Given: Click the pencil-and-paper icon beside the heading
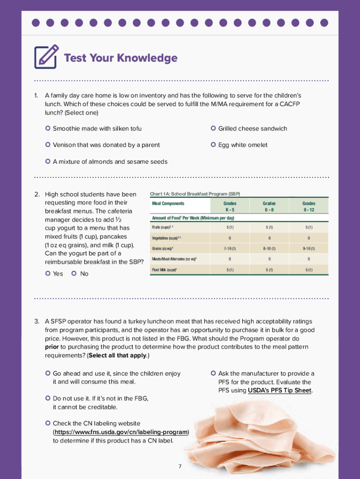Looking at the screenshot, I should (x=46, y=57).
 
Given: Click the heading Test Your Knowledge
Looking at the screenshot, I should (x=120, y=58).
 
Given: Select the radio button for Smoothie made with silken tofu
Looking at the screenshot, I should (x=48, y=128).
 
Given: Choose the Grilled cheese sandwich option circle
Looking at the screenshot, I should (x=213, y=128).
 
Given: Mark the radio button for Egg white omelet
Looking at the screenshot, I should (x=213, y=145).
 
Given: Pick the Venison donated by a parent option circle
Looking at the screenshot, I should (x=48, y=145).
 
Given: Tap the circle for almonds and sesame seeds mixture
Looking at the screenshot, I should (x=48, y=161).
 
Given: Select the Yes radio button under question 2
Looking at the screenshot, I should (x=48, y=273).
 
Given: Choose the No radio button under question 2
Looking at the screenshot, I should (x=74, y=273).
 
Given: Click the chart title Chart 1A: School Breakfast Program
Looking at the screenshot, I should (x=194, y=194).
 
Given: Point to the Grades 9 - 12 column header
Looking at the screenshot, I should (x=309, y=206).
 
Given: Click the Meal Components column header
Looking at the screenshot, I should (x=168, y=203).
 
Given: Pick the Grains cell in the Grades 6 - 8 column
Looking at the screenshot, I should (x=269, y=248).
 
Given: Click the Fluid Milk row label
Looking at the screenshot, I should (x=164, y=270).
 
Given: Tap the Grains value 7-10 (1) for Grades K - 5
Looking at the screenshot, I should (x=230, y=248).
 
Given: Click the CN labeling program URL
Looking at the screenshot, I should (x=121, y=432).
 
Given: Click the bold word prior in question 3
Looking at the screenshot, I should (x=51, y=347).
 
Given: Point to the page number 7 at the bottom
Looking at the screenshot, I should (x=180, y=466).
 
